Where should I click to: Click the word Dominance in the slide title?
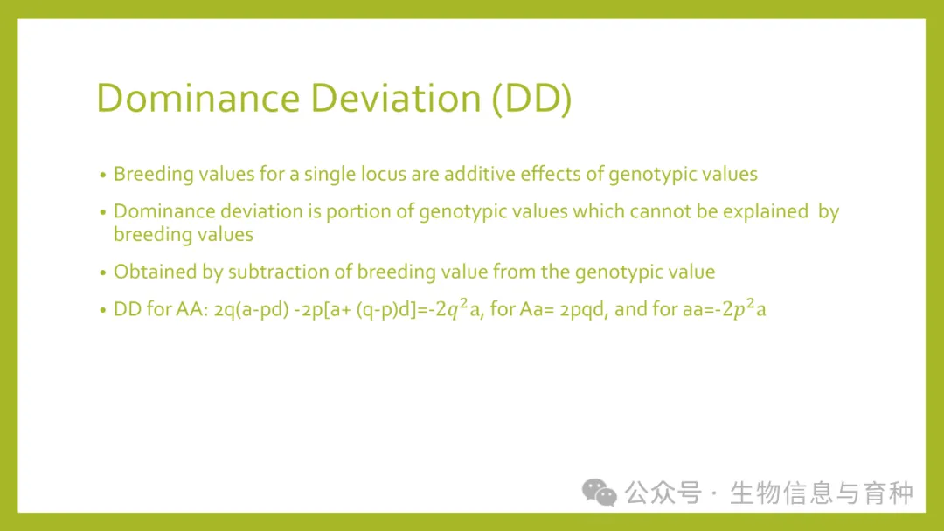[198, 98]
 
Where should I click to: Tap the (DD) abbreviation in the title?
[531, 99]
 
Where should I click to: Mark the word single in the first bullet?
[330, 175]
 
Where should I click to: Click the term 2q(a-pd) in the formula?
[251, 310]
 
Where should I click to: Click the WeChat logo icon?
[599, 492]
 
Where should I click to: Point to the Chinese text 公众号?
[663, 493]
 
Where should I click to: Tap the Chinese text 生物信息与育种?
[821, 493]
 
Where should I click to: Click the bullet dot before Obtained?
[103, 273]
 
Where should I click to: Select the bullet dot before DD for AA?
[103, 310]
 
